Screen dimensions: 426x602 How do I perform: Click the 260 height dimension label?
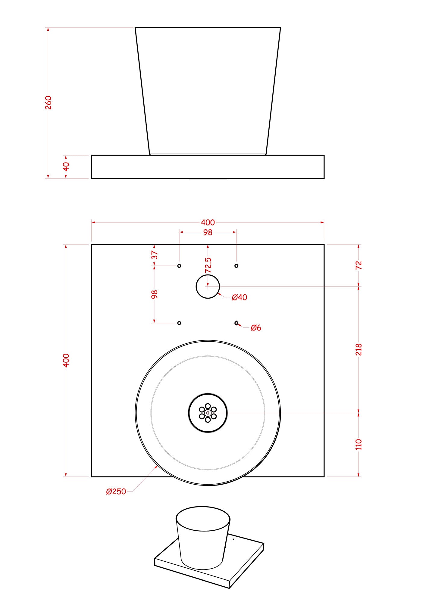coord(48,103)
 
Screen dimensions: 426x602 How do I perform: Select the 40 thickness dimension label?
coord(66,166)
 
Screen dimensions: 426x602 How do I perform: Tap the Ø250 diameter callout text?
coord(116,492)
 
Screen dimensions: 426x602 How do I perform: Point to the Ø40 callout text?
coord(240,297)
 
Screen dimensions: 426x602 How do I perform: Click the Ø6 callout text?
coord(256,328)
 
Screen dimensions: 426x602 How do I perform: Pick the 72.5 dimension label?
coord(208,265)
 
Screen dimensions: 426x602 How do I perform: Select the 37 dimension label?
coord(155,255)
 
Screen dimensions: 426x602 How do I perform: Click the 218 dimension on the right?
coord(359,349)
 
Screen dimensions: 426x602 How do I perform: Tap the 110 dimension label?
coord(359,445)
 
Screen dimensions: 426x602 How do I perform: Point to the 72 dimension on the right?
coord(359,265)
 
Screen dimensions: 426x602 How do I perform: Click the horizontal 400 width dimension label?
coord(208,222)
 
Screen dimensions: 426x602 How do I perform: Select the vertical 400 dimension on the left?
coord(66,360)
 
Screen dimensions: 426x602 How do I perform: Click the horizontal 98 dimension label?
coord(208,232)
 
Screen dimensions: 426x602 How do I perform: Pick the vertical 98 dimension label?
coord(155,294)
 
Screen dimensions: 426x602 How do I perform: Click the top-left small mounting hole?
coord(179,266)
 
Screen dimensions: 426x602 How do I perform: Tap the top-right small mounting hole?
coord(236,266)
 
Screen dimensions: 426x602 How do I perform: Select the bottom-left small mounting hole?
coord(179,323)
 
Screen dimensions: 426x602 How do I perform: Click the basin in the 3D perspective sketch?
coord(203,538)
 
